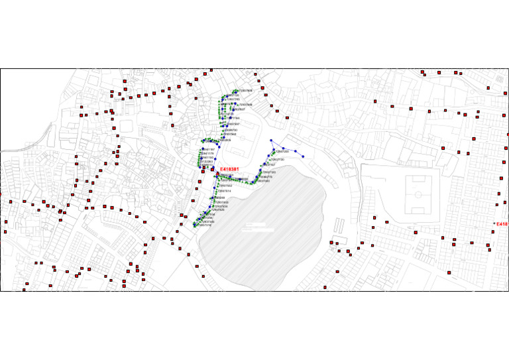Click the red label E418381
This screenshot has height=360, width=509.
pos(229,169)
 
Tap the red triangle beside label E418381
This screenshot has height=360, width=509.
pos(217,170)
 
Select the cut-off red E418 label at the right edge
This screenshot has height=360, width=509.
pos(502,224)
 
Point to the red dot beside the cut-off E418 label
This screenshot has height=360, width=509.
pos(495,224)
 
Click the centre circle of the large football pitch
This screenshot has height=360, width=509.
pos(418,194)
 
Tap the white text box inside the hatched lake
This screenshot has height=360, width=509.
pos(258,227)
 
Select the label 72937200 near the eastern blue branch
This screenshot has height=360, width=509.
pos(282,151)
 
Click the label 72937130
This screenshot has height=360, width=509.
pos(278,160)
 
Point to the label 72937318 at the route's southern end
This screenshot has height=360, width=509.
pos(204,225)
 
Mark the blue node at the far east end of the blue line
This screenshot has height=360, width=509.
pos(304,156)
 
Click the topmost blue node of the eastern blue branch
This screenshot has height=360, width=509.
pos(270,141)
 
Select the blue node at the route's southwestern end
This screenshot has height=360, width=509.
pos(195,225)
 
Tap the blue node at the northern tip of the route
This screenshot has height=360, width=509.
pos(235,91)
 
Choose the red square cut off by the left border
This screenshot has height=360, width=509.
pos(1,194)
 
